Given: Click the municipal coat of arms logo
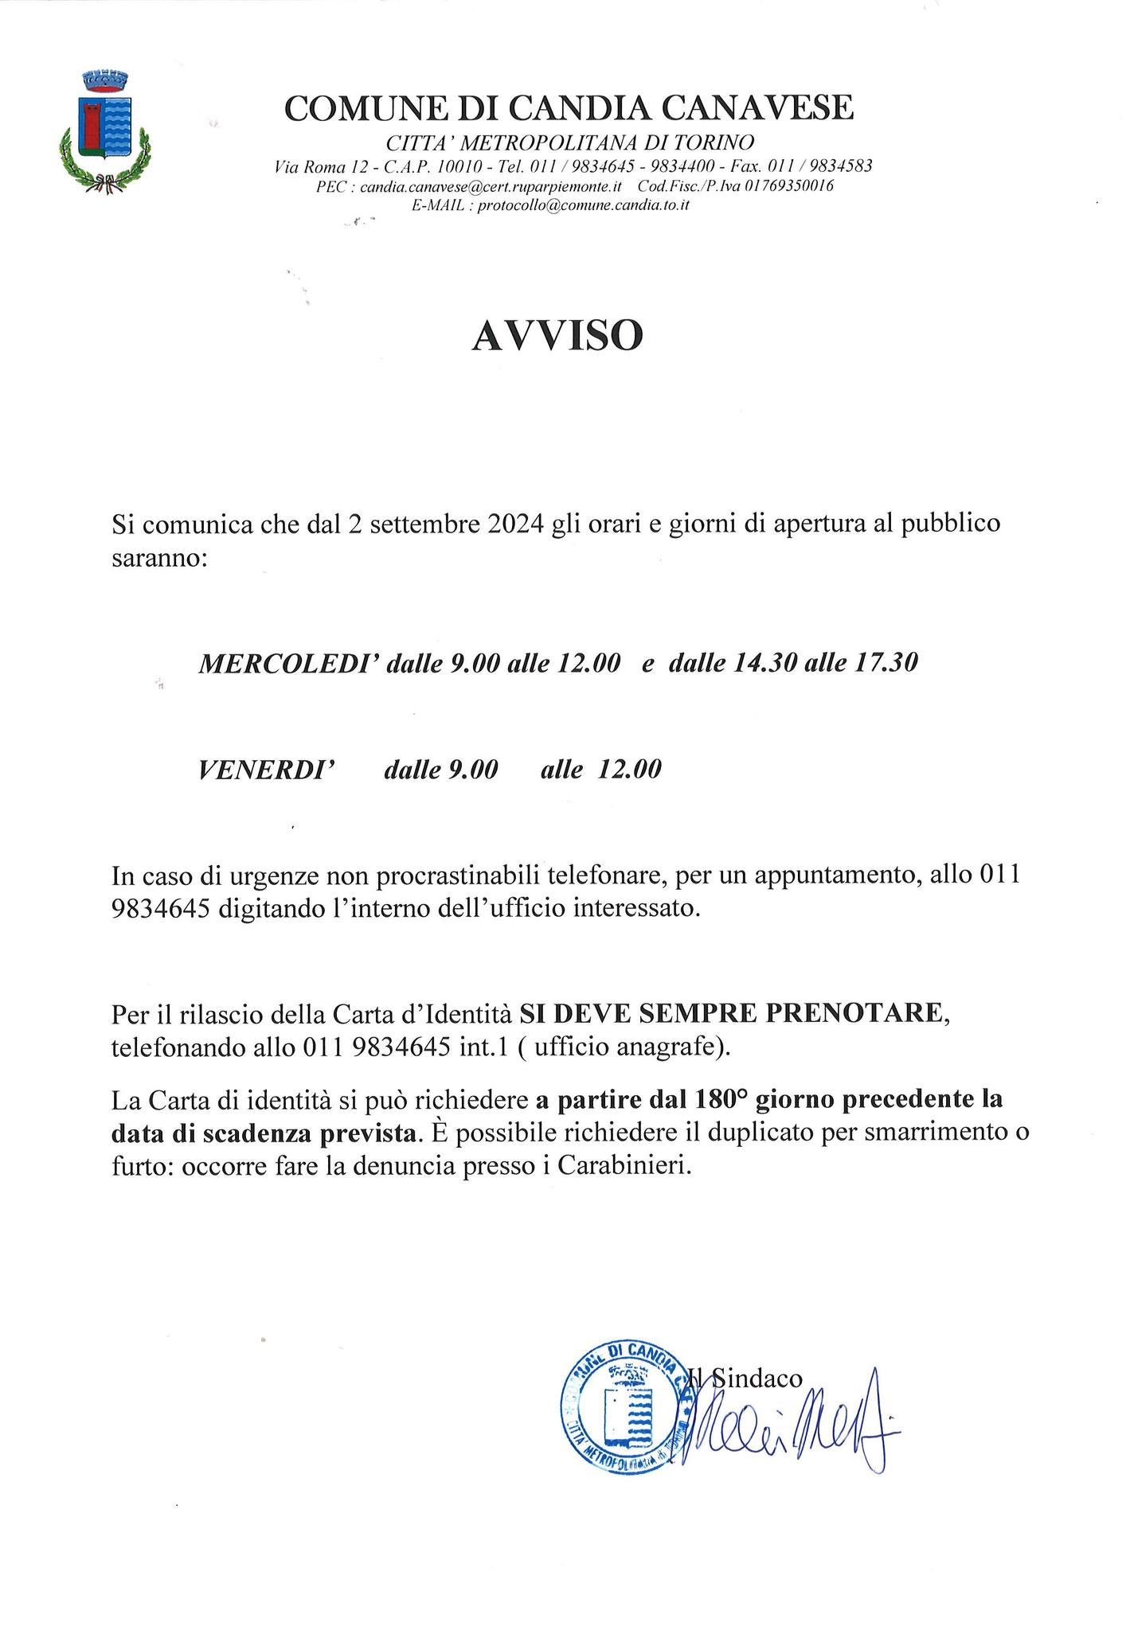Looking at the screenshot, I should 105,131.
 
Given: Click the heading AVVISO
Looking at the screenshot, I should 557,337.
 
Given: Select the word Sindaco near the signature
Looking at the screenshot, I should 756,1378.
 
